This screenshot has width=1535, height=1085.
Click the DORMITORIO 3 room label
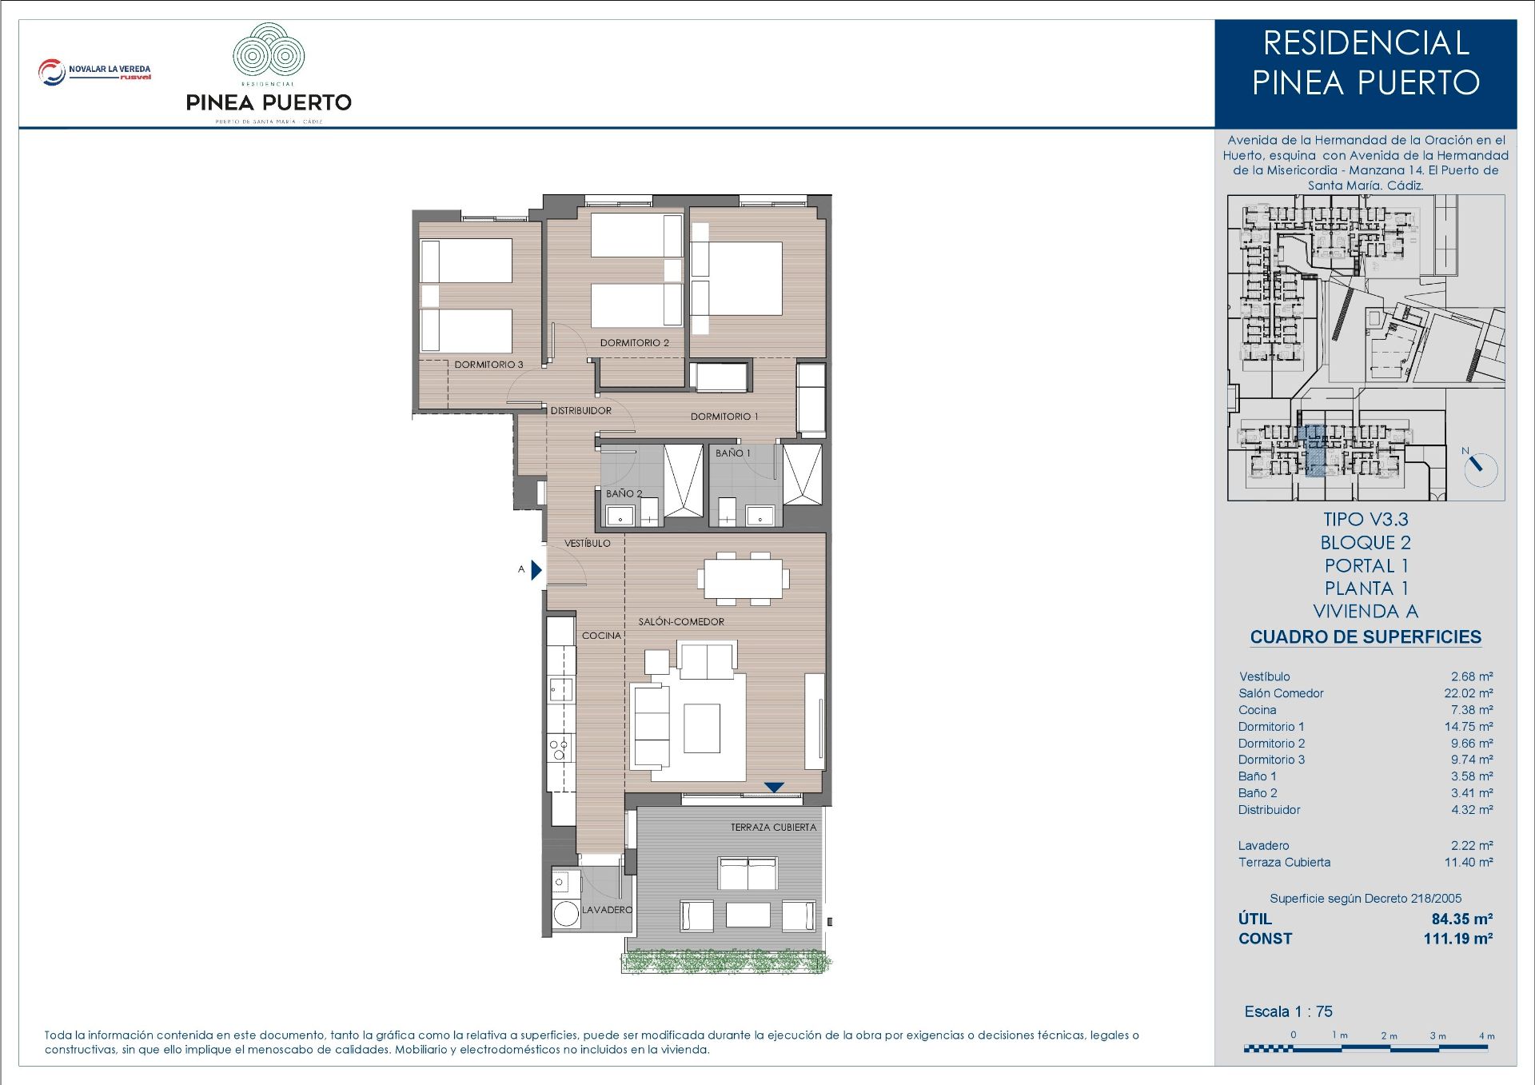(x=488, y=365)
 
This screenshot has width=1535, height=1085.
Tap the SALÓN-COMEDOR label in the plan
(x=681, y=621)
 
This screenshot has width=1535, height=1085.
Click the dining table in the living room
(x=743, y=577)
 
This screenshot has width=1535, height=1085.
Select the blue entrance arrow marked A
(x=536, y=570)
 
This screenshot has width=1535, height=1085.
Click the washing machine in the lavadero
(x=566, y=914)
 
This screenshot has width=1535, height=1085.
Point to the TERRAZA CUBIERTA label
(x=773, y=828)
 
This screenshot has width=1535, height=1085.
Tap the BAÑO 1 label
(x=732, y=453)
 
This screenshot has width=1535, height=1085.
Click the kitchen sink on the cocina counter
(x=560, y=688)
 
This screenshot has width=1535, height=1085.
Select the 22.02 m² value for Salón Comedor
(x=1468, y=693)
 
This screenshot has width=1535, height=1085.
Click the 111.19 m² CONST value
(x=1457, y=939)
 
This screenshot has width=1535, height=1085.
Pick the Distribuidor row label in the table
(x=1269, y=810)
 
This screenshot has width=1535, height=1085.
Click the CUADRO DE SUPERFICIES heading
(x=1366, y=637)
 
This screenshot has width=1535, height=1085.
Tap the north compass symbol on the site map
(x=1480, y=468)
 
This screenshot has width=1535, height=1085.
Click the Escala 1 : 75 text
(x=1288, y=1011)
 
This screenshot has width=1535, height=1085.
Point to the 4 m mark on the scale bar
(x=1486, y=1036)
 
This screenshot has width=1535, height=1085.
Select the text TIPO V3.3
(x=1366, y=520)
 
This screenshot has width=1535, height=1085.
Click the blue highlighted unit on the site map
(x=1314, y=452)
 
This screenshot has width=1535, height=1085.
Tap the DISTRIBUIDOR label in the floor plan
(x=580, y=411)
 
